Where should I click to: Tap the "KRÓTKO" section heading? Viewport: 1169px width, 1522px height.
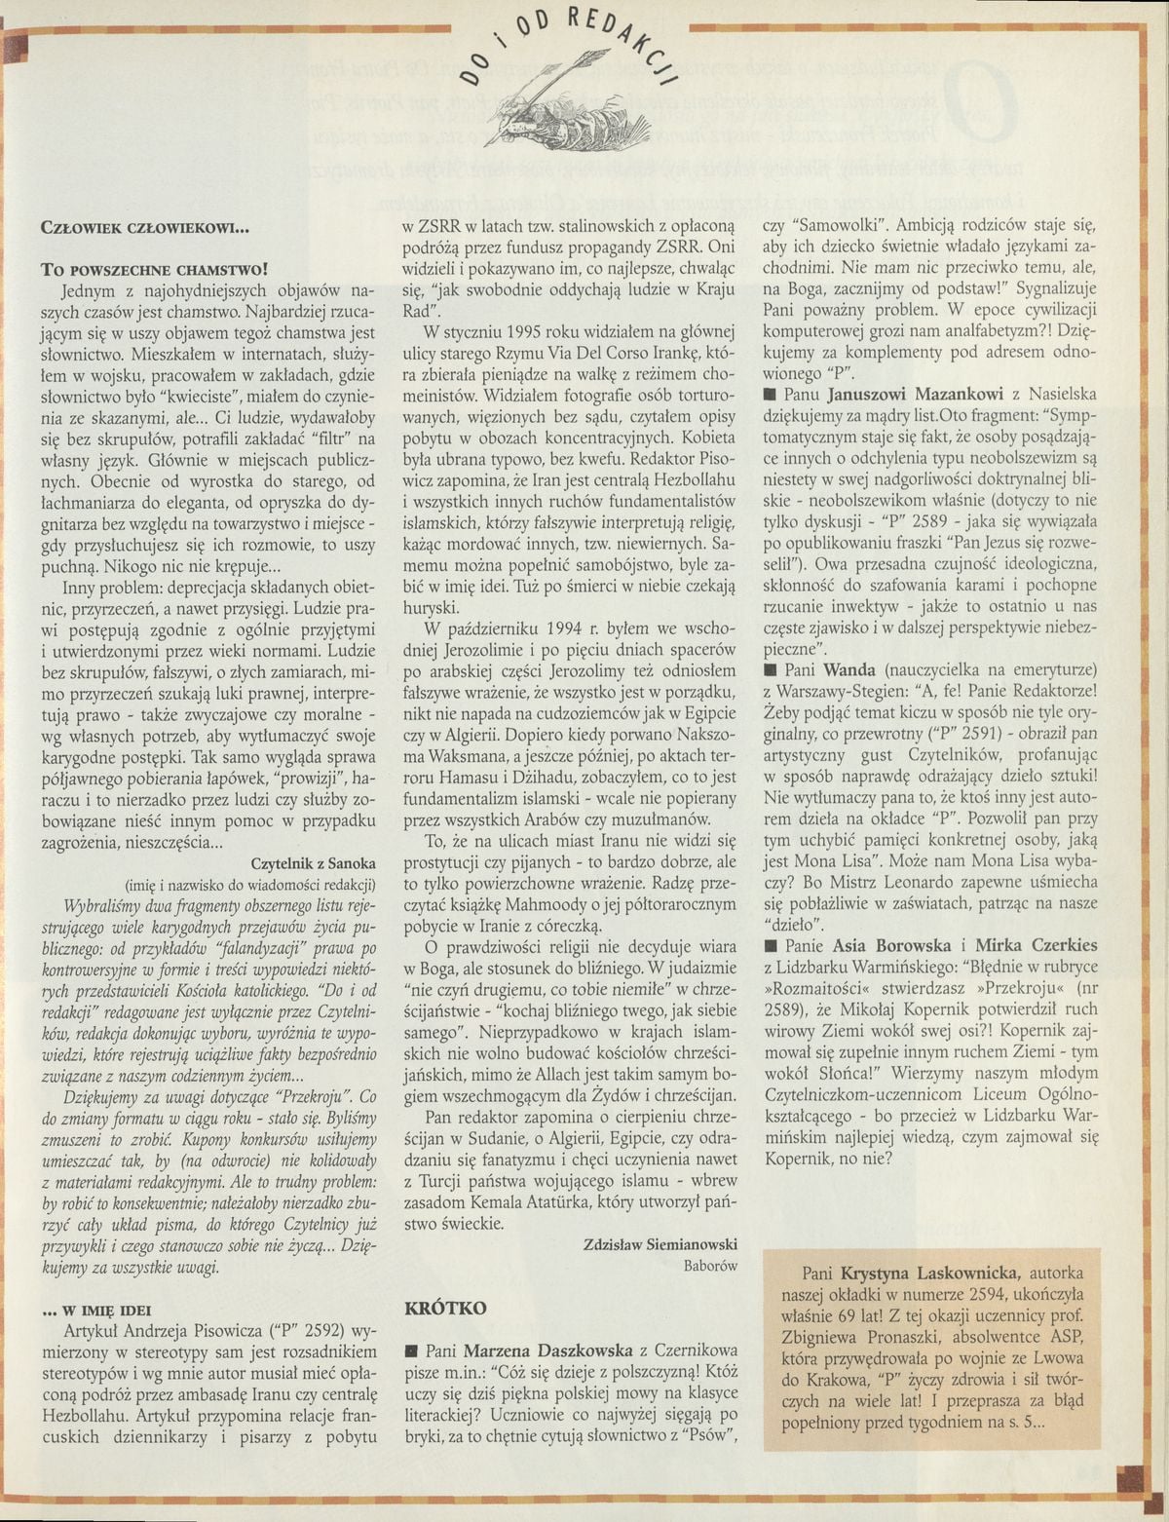(438, 1313)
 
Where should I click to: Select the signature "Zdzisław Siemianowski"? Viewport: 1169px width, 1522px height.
(660, 1243)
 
